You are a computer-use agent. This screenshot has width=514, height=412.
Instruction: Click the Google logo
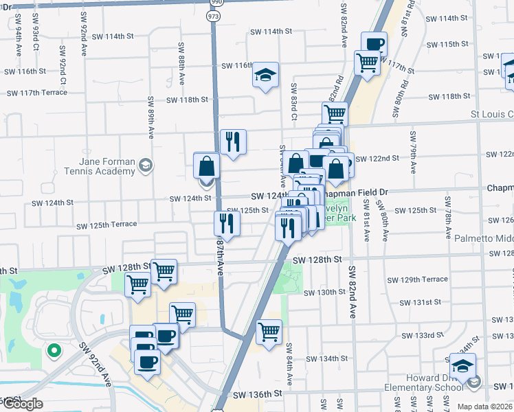(x=22, y=404)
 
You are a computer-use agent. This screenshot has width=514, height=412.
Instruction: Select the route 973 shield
(x=214, y=16)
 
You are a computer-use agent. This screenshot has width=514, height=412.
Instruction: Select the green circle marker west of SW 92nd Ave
(x=53, y=351)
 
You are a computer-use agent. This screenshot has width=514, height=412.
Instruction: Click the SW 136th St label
(x=258, y=395)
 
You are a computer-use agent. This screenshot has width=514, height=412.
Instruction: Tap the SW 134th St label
(x=326, y=358)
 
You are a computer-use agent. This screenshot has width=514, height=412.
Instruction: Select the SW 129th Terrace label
(x=417, y=279)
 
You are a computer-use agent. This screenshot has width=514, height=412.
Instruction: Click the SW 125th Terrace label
(x=107, y=225)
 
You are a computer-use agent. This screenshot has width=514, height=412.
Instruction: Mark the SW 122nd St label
(x=377, y=159)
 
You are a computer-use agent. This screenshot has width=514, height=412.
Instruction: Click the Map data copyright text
(x=484, y=407)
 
